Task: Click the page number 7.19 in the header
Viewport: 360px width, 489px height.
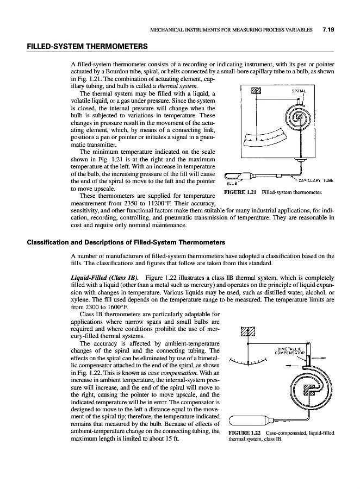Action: [328, 29]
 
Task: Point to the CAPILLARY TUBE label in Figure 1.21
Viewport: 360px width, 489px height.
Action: [313, 181]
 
